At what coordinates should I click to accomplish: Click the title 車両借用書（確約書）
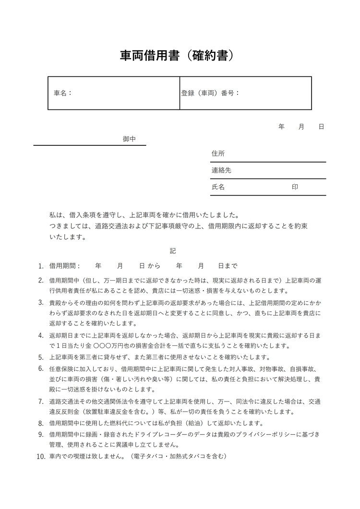(179, 56)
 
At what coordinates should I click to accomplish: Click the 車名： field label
(63, 93)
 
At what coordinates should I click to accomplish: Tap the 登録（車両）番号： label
(210, 93)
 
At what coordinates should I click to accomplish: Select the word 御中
(129, 139)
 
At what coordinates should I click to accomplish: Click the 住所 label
(218, 154)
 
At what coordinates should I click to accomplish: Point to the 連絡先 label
(221, 170)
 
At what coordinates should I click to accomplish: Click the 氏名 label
(218, 187)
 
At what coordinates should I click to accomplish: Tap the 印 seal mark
(295, 187)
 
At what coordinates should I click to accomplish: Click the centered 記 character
(173, 251)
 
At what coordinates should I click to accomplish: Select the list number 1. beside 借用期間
(41, 266)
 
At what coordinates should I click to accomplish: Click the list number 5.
(41, 357)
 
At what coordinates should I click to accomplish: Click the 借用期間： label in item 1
(65, 266)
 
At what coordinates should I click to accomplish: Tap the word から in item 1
(154, 266)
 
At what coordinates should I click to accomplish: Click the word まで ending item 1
(231, 266)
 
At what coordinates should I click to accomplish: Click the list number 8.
(41, 424)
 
